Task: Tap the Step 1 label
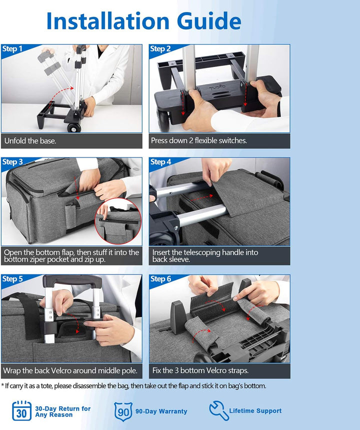(x=12, y=49)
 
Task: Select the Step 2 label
(x=160, y=49)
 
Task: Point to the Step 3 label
(x=12, y=162)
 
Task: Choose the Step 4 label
(x=160, y=162)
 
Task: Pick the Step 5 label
(x=12, y=279)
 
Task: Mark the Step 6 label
(x=160, y=279)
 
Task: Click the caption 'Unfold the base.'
(x=30, y=141)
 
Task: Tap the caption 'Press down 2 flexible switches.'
(x=199, y=141)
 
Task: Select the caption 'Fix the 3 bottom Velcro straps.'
(x=200, y=371)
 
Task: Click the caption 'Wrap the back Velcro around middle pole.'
(x=69, y=371)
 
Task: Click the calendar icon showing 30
(x=21, y=411)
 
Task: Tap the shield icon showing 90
(x=123, y=411)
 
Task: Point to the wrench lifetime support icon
(x=218, y=410)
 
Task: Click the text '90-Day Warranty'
(x=161, y=411)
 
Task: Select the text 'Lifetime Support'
(x=255, y=411)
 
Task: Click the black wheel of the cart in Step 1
(x=74, y=127)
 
